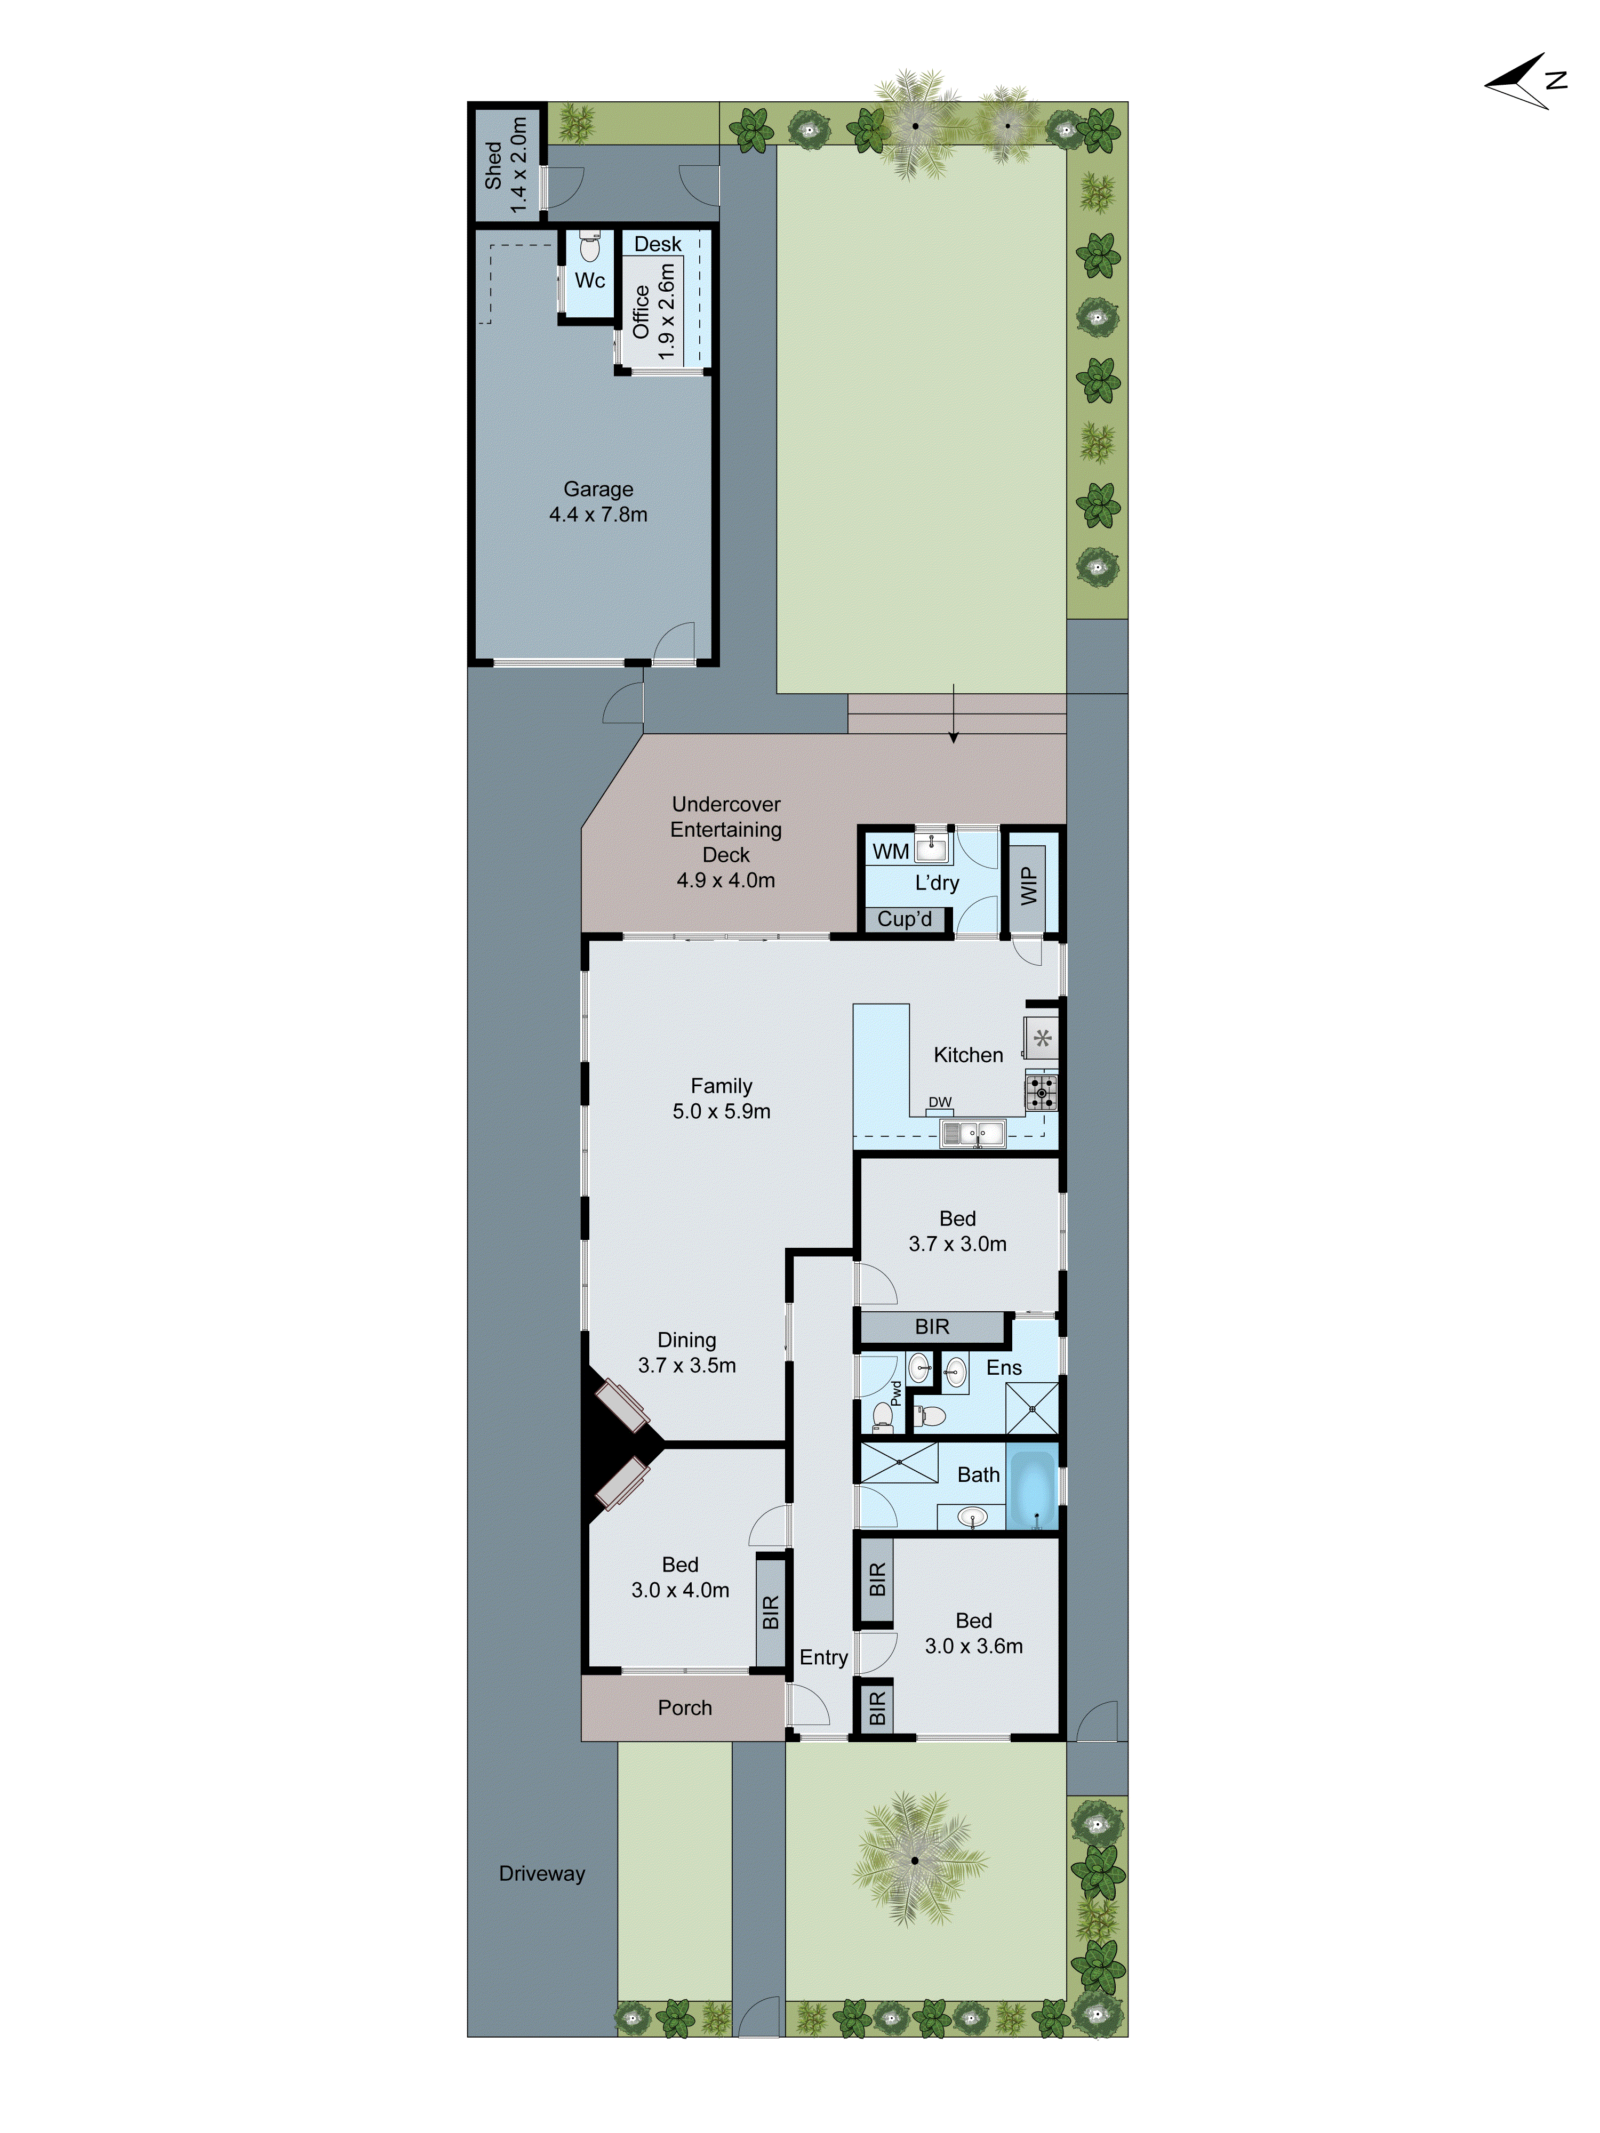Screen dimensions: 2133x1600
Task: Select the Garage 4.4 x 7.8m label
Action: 598,501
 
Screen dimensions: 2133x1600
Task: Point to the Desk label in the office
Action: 658,244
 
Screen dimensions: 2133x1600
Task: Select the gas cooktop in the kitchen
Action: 1041,1093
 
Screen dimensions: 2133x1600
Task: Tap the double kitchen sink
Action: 972,1133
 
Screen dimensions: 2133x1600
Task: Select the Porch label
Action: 685,1708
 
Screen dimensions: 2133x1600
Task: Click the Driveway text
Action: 542,1874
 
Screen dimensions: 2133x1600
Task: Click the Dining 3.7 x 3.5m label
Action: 687,1352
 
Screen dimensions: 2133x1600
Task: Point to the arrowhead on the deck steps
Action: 953,737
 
